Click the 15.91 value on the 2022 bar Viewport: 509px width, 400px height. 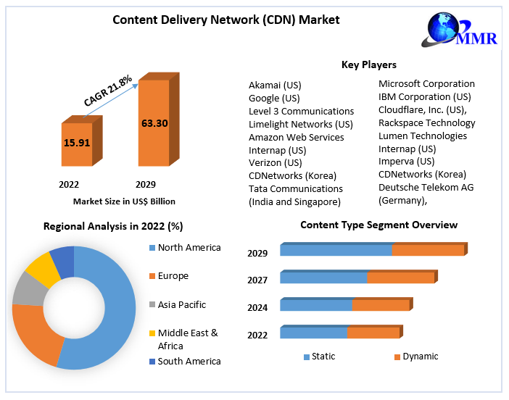(77, 143)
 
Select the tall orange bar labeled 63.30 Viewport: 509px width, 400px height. (154, 123)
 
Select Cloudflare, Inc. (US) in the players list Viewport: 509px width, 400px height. (423, 110)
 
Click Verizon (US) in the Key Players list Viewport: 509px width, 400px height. (275, 163)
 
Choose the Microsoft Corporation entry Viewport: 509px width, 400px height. (426, 84)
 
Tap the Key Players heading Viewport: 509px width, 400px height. (369, 65)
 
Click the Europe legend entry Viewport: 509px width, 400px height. (173, 276)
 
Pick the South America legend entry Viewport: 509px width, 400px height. (189, 361)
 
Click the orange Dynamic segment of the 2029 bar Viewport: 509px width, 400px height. (428, 250)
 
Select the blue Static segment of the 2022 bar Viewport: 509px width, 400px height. (313, 333)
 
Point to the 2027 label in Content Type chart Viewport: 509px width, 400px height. (257, 280)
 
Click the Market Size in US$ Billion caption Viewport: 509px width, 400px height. (124, 201)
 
